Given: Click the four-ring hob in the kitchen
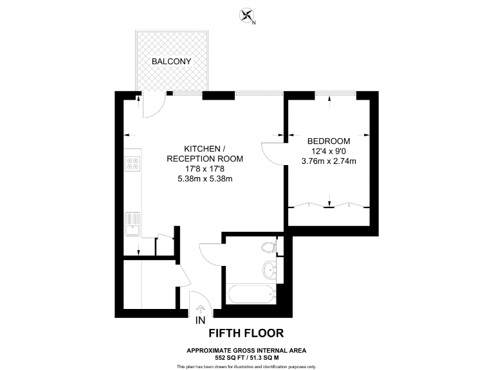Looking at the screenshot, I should tap(133, 164).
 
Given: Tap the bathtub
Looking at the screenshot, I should tap(251, 295).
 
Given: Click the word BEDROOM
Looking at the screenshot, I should tap(328, 141).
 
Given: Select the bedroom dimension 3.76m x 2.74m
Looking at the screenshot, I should tap(328, 161).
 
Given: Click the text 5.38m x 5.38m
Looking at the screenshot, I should tap(205, 179).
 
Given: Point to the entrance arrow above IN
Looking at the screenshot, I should tap(201, 310).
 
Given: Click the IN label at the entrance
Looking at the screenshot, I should tap(201, 321).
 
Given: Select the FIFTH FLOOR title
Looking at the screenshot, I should tap(246, 333).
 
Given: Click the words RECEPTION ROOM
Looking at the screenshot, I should tap(205, 159).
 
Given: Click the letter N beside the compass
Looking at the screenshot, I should tap(254, 23).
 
